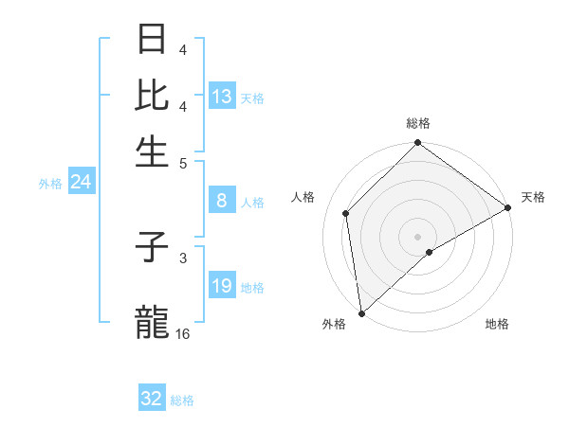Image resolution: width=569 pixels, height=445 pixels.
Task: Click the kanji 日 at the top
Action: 153,40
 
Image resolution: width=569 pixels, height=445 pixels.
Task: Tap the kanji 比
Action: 153,96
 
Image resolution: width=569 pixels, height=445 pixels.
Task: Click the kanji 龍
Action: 153,321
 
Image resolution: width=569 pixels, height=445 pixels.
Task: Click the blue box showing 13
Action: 222,97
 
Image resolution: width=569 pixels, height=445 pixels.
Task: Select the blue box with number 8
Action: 222,201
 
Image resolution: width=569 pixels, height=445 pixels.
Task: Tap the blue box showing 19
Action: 222,286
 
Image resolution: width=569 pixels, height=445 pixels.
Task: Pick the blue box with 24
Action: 81,183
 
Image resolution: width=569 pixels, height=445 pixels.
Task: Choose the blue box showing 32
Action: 152,399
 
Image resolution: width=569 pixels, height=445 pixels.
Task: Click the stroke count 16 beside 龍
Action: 183,334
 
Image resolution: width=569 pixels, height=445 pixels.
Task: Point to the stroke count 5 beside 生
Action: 183,162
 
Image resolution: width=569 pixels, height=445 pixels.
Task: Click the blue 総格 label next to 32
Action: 183,400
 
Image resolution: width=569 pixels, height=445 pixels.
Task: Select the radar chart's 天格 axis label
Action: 533,197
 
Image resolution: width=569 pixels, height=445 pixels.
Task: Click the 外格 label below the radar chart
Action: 334,325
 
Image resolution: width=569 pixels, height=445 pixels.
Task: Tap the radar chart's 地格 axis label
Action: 497,325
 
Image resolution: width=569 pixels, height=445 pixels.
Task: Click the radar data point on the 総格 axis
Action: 417,144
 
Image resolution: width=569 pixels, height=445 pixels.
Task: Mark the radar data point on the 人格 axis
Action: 346,213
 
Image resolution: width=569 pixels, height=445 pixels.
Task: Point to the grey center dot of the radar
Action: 417,236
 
